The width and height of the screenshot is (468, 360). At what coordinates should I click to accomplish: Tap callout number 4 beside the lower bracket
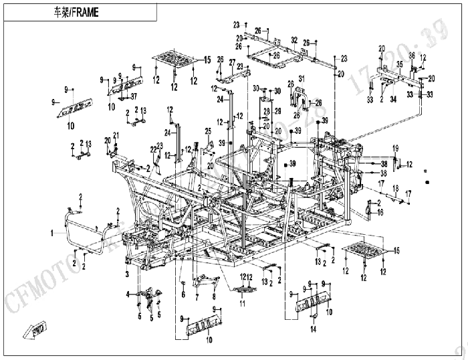pyautogui.click(x=126, y=294)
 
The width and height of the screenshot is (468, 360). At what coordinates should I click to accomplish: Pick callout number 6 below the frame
pyautogui.click(x=183, y=295)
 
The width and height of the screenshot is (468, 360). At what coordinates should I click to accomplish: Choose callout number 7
pyautogui.click(x=197, y=295)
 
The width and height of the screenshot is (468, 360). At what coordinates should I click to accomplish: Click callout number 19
pyautogui.click(x=395, y=147)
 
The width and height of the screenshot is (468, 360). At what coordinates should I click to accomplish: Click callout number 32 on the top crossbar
pyautogui.click(x=294, y=40)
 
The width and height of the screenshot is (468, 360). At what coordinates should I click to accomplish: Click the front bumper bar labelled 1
pyautogui.click(x=67, y=234)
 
